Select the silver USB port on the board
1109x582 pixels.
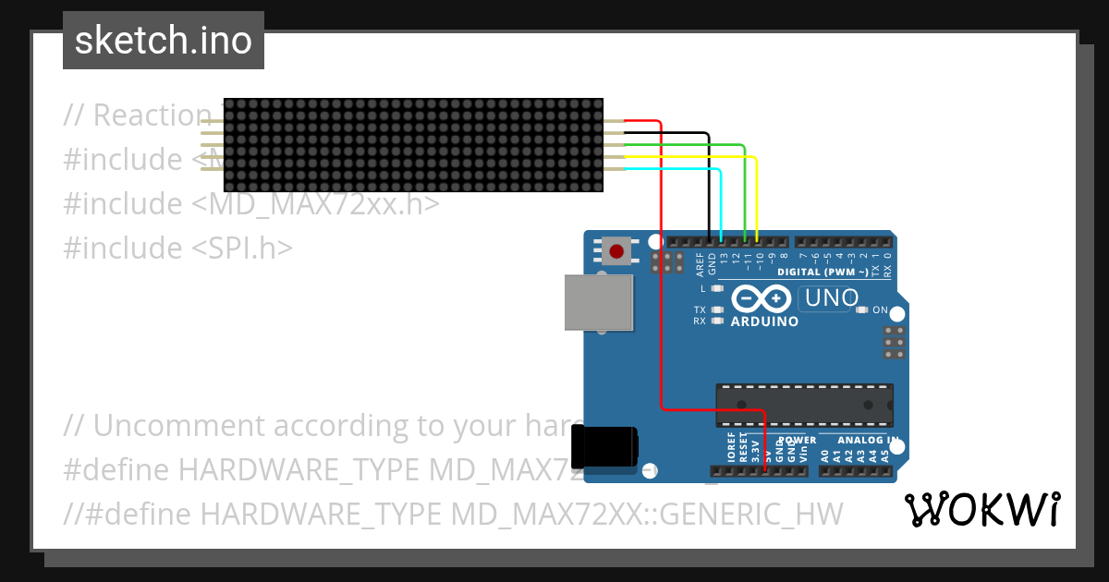[x=599, y=302]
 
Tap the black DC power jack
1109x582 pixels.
[x=604, y=446]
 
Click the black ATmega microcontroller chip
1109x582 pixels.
[x=804, y=405]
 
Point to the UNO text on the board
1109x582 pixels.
[x=831, y=298]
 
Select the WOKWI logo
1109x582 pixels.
[x=982, y=509]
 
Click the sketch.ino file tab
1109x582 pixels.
[x=164, y=41]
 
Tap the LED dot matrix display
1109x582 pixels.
[x=413, y=145]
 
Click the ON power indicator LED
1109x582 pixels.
[x=862, y=310]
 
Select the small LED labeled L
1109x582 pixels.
[x=716, y=289]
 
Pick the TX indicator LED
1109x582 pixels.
[x=716, y=309]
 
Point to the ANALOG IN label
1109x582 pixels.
[x=868, y=441]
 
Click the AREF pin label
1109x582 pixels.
[x=700, y=264]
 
